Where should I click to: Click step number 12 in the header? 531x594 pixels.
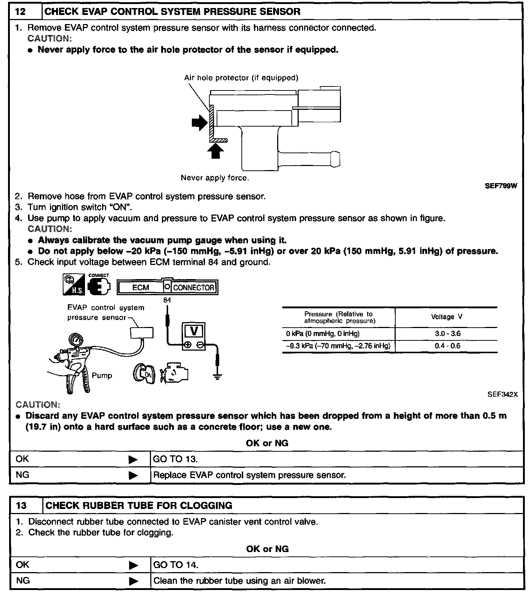[x=21, y=12]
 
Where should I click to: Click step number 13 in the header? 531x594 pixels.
[x=22, y=505]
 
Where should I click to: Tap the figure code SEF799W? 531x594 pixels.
[x=501, y=186]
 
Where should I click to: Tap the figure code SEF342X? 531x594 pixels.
[x=502, y=394]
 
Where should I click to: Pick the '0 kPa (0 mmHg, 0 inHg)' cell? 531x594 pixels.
[x=323, y=333]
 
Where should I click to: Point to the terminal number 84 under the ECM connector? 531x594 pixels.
[x=167, y=300]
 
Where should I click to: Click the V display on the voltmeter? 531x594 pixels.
[x=194, y=331]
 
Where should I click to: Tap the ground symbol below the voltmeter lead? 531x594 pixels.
[x=217, y=377]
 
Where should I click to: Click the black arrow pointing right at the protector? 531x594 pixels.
[x=199, y=122]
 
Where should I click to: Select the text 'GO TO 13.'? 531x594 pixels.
[x=175, y=459]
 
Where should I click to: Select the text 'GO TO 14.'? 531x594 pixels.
[x=176, y=565]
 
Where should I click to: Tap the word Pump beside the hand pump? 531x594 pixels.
[x=102, y=375]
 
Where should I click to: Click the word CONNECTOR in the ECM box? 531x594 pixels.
[x=193, y=288]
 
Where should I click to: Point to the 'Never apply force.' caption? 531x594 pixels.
[x=215, y=178]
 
